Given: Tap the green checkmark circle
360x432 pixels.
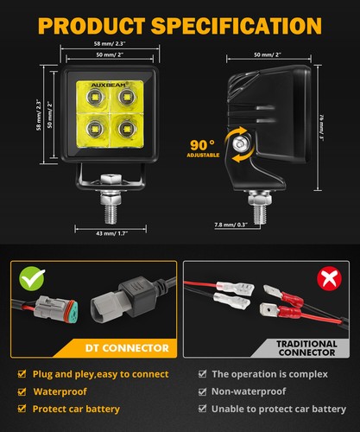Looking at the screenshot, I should point(33,279).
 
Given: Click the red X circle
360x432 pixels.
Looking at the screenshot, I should point(327,279).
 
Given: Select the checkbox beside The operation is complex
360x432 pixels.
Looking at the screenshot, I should point(202,374).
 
